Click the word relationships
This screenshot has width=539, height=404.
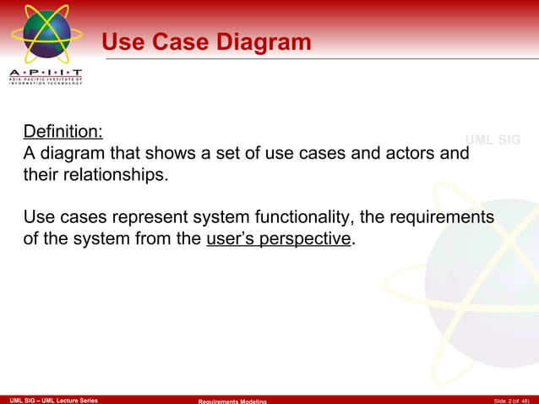(x=113, y=176)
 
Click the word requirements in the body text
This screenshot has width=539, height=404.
(x=444, y=217)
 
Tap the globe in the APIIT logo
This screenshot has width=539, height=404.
(x=47, y=34)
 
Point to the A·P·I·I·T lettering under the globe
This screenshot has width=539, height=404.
(x=46, y=74)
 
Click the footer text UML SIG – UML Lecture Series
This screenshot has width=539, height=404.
(x=53, y=399)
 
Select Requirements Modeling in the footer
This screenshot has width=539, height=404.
(x=232, y=400)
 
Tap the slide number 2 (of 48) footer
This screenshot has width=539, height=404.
(x=512, y=399)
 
